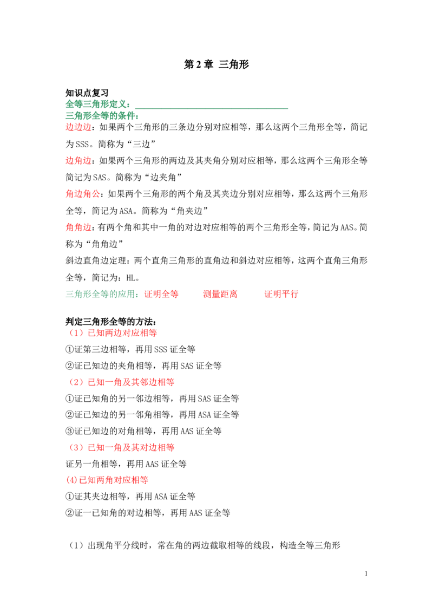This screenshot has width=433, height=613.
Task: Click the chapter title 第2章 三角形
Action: point(216,64)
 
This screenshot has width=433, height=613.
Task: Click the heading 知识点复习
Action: point(87,93)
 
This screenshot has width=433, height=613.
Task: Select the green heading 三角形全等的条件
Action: point(102,116)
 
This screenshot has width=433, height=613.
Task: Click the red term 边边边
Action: point(78,127)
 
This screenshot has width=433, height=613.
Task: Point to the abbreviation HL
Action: point(130,278)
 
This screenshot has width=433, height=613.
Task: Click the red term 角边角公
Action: point(82,194)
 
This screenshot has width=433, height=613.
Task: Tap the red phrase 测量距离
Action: point(220,294)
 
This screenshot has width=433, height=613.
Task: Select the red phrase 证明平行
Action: point(281,294)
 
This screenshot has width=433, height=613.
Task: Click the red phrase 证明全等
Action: point(161,294)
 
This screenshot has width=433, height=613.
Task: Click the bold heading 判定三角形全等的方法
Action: point(111,322)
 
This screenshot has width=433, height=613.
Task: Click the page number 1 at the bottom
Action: point(366,573)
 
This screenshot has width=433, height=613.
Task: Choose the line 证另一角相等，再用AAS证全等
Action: point(126,464)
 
